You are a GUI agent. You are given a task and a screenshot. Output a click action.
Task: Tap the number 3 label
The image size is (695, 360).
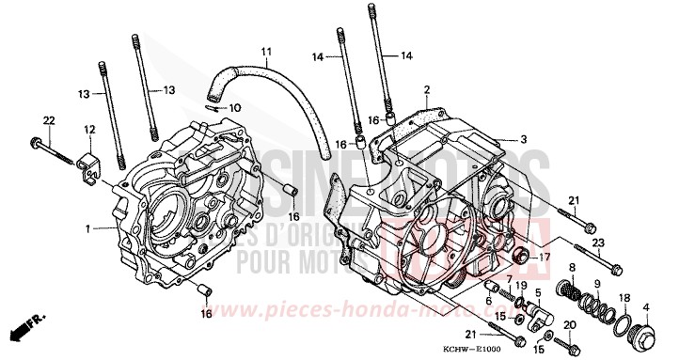[x=524, y=138]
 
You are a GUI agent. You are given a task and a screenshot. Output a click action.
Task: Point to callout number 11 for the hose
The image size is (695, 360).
[x=265, y=51]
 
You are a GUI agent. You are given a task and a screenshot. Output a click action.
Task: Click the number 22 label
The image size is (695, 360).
[x=49, y=118]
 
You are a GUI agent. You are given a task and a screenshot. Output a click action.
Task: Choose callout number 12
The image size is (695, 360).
[x=88, y=129]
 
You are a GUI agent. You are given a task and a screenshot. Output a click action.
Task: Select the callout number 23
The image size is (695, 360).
[x=596, y=243]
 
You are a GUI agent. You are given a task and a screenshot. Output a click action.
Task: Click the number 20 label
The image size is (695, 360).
[x=567, y=324]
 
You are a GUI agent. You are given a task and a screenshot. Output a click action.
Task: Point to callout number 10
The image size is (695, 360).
[x=235, y=108]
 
